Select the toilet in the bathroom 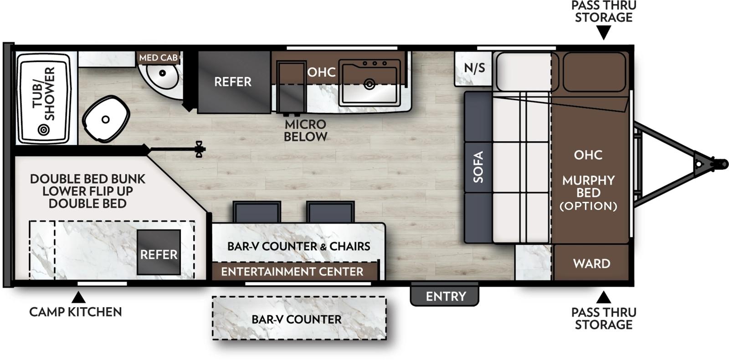106,119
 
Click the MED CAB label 158,58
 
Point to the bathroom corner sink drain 162,72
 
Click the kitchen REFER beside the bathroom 233,82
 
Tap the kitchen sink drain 370,84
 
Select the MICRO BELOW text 305,130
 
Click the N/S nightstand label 474,68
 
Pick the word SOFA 478,167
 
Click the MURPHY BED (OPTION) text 588,193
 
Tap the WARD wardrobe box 591,263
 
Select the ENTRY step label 446,297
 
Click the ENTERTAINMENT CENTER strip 292,272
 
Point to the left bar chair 257,212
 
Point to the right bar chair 330,212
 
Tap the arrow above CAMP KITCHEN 79,298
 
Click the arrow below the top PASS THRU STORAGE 604,33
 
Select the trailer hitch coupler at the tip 720,163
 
